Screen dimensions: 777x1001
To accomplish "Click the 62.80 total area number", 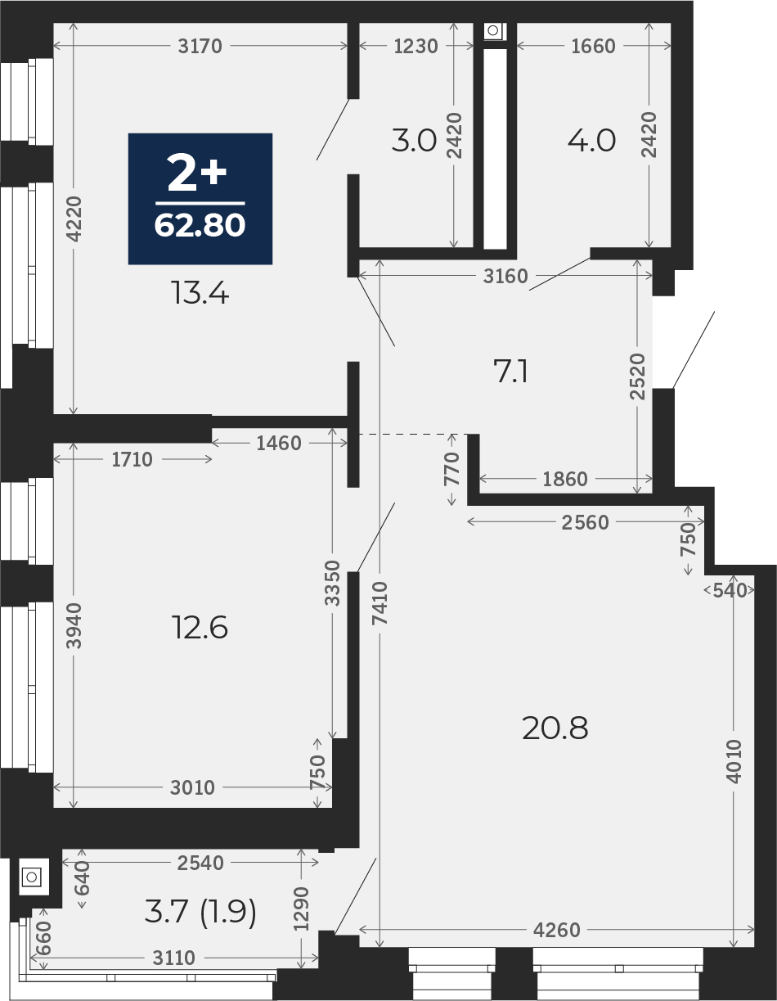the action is point(200,225).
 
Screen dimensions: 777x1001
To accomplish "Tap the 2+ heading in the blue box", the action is point(197,173).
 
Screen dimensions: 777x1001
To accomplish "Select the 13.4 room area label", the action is point(200,293).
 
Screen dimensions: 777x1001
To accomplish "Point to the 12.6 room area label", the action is point(200,628).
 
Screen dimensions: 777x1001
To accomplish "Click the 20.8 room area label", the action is point(555,728).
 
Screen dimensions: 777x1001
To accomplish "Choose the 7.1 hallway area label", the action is point(510,372).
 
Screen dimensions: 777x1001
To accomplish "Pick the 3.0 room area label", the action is point(414,141).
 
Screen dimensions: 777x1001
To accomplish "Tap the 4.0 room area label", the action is point(591,141).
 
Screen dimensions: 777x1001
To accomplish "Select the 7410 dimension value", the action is point(380,603).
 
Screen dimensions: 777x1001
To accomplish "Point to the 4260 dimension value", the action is point(556,930).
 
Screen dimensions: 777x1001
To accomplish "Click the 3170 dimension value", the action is point(200,46).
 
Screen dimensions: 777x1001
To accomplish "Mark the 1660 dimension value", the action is point(593,46).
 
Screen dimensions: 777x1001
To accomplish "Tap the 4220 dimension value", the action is point(74,219).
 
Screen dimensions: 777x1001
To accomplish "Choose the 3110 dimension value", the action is point(174,958).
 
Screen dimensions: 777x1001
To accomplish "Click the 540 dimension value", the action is point(730,590).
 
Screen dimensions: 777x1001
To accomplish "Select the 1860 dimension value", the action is point(565,479).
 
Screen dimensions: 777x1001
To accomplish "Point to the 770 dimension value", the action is point(451,469).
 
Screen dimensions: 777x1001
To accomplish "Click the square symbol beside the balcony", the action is point(32,877).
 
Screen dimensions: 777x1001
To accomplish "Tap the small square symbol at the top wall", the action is point(493,31).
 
